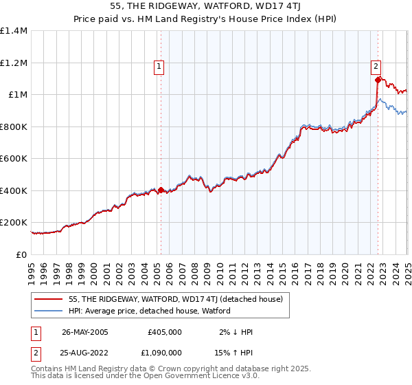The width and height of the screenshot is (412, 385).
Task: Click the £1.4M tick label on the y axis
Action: click(x=13, y=31)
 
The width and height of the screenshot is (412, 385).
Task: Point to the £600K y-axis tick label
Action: click(x=13, y=159)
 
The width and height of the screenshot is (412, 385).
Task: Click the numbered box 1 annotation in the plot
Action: click(x=159, y=67)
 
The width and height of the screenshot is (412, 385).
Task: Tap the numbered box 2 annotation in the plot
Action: click(x=376, y=67)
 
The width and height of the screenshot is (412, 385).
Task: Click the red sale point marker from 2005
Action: click(x=161, y=190)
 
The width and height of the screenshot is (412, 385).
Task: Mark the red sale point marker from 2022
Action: click(x=378, y=80)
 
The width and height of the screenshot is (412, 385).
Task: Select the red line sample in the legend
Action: click(x=47, y=299)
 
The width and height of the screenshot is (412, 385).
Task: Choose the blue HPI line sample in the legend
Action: click(x=47, y=311)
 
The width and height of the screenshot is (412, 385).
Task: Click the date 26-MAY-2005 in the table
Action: click(x=84, y=331)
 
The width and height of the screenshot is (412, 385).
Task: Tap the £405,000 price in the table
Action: click(x=165, y=331)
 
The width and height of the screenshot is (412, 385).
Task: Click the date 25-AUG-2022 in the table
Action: click(x=84, y=354)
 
